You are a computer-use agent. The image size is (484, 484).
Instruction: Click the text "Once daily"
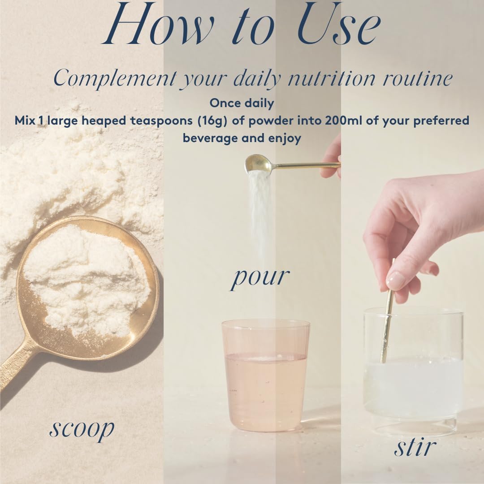(242, 103)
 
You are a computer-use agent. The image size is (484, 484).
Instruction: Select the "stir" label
(415, 447)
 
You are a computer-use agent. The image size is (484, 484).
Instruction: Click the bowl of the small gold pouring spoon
(257, 164)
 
